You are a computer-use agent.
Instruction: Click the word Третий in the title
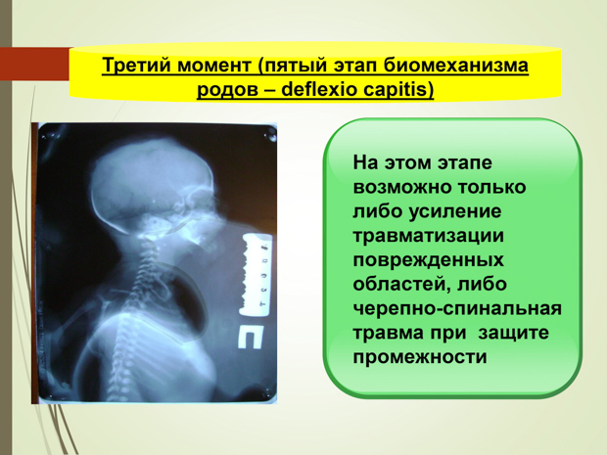(137, 65)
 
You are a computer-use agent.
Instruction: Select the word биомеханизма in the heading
(455, 65)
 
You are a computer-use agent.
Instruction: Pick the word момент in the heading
(214, 66)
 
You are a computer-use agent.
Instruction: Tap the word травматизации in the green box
(429, 236)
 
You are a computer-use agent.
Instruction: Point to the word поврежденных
(429, 260)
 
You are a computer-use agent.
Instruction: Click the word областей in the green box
(400, 285)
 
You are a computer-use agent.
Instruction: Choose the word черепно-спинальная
(457, 309)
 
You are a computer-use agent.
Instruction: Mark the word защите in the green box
(513, 333)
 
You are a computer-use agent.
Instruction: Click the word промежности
(420, 357)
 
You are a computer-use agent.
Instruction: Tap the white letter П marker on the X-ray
(250, 337)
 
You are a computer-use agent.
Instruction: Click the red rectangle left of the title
(34, 65)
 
